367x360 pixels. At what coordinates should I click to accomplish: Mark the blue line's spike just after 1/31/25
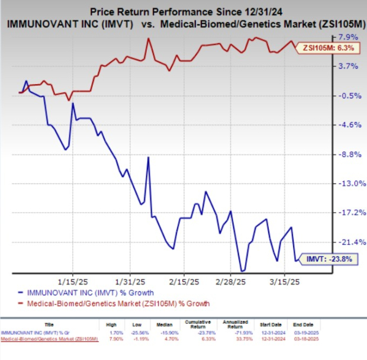pyautogui.click(x=147, y=157)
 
